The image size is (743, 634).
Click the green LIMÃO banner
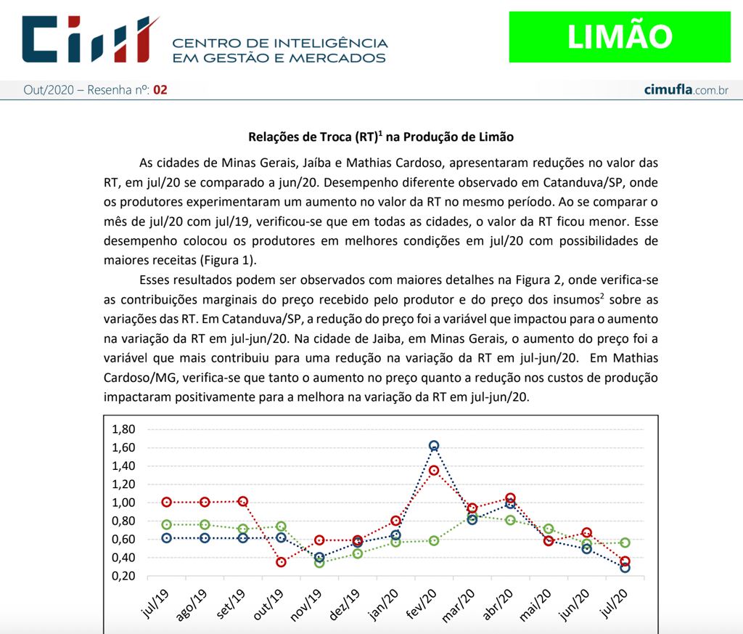pyautogui.click(x=620, y=36)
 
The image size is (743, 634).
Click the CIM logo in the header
pyautogui.click(x=90, y=39)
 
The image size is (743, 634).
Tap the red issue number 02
pyautogui.click(x=160, y=90)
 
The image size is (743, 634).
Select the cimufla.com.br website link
pyautogui.click(x=686, y=90)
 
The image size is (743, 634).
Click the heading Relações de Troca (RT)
pyautogui.click(x=381, y=137)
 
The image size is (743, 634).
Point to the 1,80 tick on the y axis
pyautogui.click(x=123, y=429)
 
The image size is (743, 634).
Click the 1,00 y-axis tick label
pyautogui.click(x=123, y=503)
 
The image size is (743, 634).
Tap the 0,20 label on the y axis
pyautogui.click(x=123, y=576)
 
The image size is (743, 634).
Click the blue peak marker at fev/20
pyautogui.click(x=434, y=446)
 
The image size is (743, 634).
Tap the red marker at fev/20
pyautogui.click(x=434, y=471)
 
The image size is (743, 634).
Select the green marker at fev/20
pyautogui.click(x=434, y=540)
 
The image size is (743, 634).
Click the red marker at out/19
pyautogui.click(x=281, y=562)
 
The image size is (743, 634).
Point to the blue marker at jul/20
pyautogui.click(x=625, y=567)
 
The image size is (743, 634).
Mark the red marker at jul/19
pyautogui.click(x=167, y=502)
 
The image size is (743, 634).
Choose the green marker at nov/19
pyautogui.click(x=319, y=563)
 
